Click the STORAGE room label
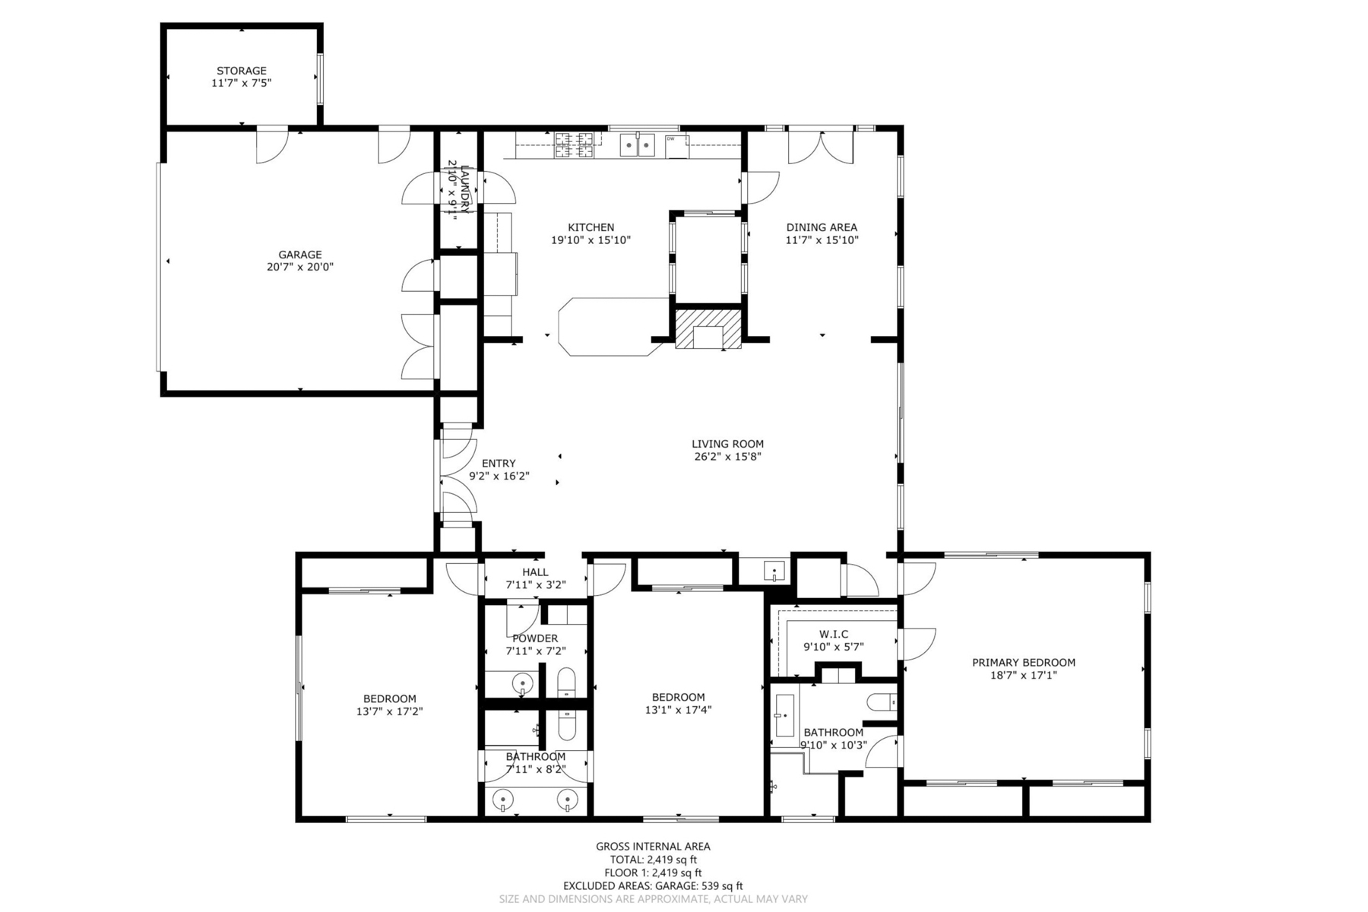tap(241, 71)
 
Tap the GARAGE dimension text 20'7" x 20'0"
tap(299, 267)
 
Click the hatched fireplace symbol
tap(708, 328)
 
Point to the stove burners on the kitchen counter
tap(574, 145)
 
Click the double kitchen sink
tap(637, 144)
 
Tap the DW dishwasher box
tap(676, 145)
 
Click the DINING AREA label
tap(821, 227)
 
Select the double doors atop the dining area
tap(821, 147)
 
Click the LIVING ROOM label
tap(727, 444)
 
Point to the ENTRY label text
tap(499, 464)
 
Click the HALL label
tap(535, 572)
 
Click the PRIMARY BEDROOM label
tap(1023, 663)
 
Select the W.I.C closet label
tap(834, 634)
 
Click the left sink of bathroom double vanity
tap(503, 800)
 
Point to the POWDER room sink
tap(523, 683)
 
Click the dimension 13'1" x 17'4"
tap(678, 710)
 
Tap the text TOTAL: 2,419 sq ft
tap(653, 860)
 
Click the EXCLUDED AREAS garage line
tap(653, 885)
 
